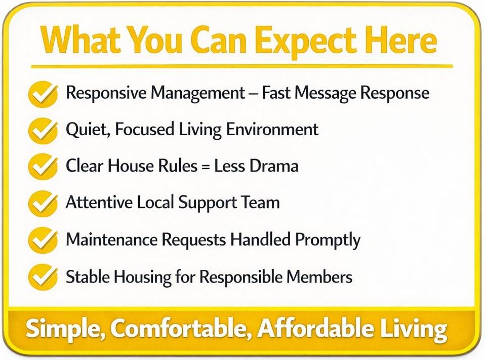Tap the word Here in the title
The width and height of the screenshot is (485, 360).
[401, 39]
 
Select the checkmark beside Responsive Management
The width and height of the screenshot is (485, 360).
[43, 94]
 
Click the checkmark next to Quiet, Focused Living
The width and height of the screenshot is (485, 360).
[43, 131]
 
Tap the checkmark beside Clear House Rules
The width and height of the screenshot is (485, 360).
[43, 167]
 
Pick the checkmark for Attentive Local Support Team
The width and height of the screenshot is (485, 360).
[43, 204]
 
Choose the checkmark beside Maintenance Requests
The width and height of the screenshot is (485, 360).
[43, 240]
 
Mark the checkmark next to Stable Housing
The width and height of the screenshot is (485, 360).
[43, 277]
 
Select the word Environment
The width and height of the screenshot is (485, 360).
[272, 129]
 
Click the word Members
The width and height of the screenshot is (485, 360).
[319, 276]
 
